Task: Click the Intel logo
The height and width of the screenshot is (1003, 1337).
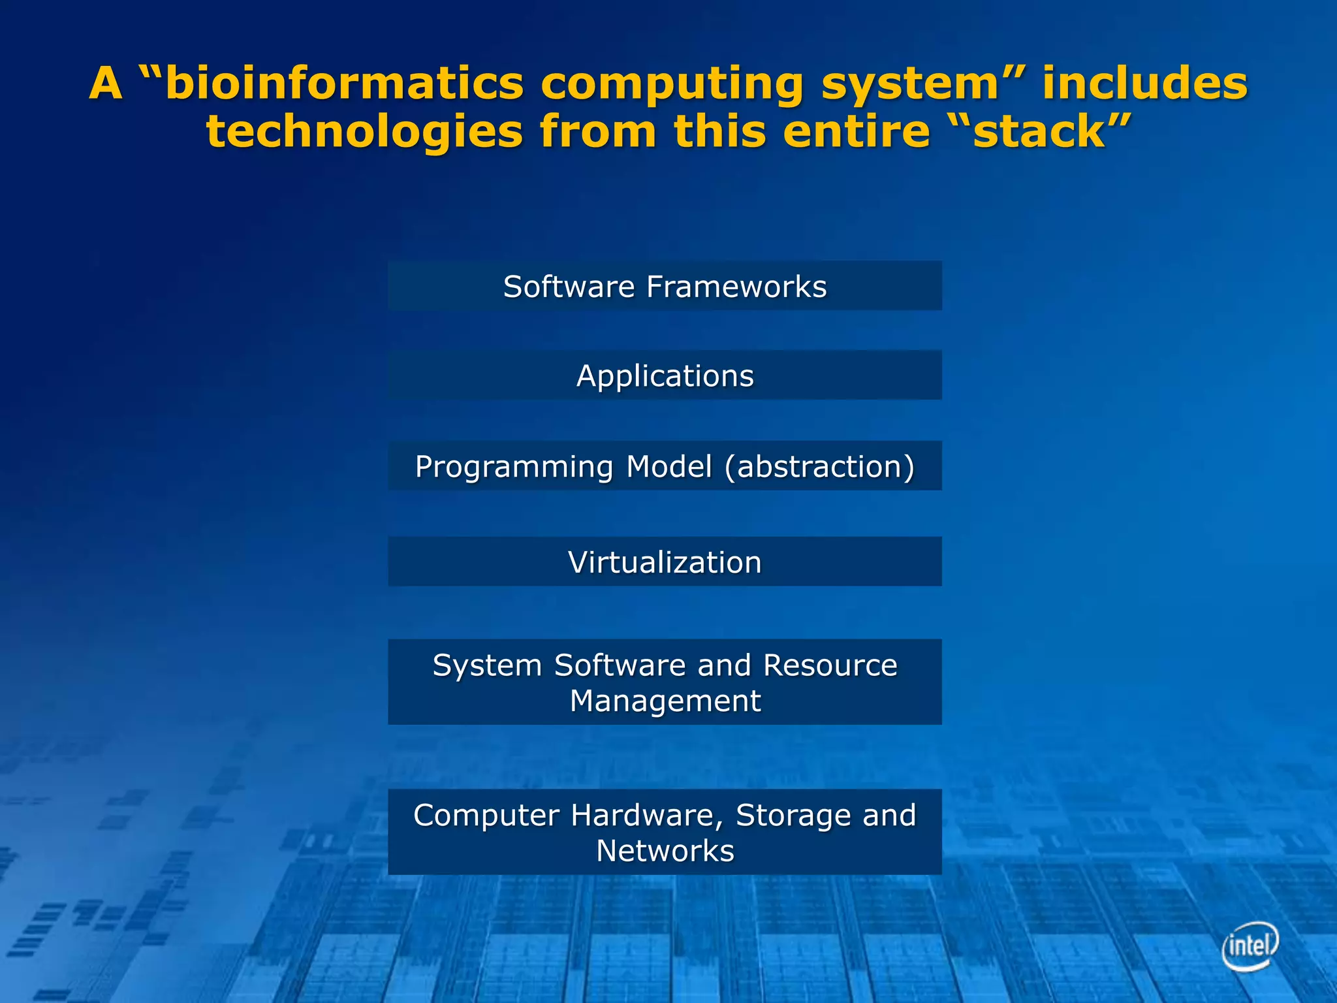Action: [1250, 945]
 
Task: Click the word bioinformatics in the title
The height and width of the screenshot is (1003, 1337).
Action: [345, 84]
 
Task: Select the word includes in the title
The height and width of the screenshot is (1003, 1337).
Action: [1144, 84]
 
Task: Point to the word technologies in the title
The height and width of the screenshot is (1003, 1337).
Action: [364, 132]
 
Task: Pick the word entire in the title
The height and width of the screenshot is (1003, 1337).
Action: [856, 132]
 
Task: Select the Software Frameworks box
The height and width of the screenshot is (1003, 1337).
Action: [665, 286]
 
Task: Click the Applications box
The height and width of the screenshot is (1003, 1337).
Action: [665, 375]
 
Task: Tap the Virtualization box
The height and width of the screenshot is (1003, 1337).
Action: [665, 562]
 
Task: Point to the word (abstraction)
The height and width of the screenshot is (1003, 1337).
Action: [819, 467]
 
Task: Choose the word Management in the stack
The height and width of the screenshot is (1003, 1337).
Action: [665, 701]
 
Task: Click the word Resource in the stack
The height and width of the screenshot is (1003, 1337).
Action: [830, 665]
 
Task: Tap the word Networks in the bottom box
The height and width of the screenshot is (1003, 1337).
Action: [665, 851]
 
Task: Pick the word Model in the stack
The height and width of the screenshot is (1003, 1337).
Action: [668, 467]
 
